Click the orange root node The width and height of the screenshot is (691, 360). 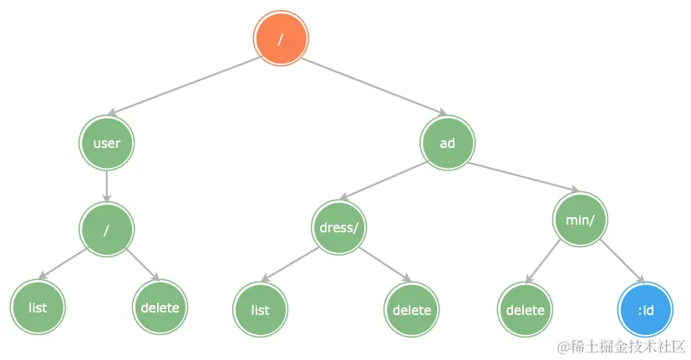tap(281, 39)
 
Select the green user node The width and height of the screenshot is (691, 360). tap(106, 143)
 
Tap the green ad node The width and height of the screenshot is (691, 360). tap(447, 143)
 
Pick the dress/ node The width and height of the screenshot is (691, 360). tap(339, 227)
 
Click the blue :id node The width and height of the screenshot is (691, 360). tap(644, 310)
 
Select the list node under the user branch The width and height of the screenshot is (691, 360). tap(38, 307)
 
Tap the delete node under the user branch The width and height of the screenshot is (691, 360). tap(160, 307)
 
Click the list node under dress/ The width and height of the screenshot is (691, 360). tap(260, 310)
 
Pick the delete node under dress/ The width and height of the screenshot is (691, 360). tap(412, 310)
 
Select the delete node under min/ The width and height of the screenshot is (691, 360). tap(525, 310)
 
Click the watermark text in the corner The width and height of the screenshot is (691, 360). tap(622, 346)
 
